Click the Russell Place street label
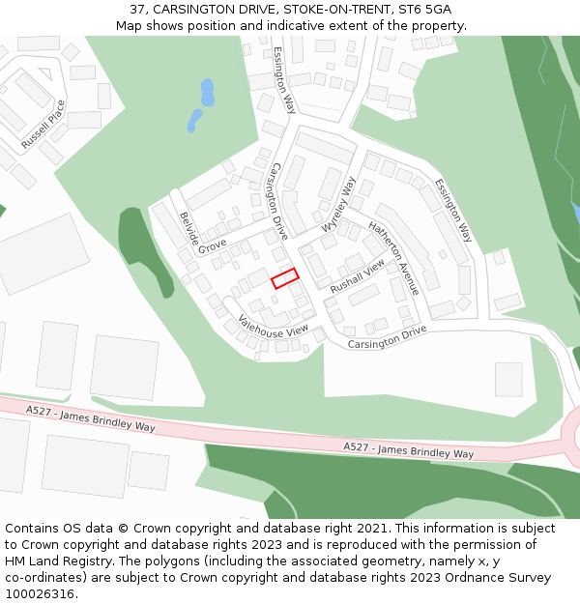click(43, 123)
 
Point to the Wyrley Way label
click(339, 204)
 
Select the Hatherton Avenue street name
click(393, 257)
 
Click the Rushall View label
click(357, 276)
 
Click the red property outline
click(284, 278)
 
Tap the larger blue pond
click(207, 92)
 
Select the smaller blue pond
click(194, 121)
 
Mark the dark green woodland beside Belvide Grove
click(139, 246)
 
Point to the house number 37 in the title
click(138, 9)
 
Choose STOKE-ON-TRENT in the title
click(333, 9)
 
